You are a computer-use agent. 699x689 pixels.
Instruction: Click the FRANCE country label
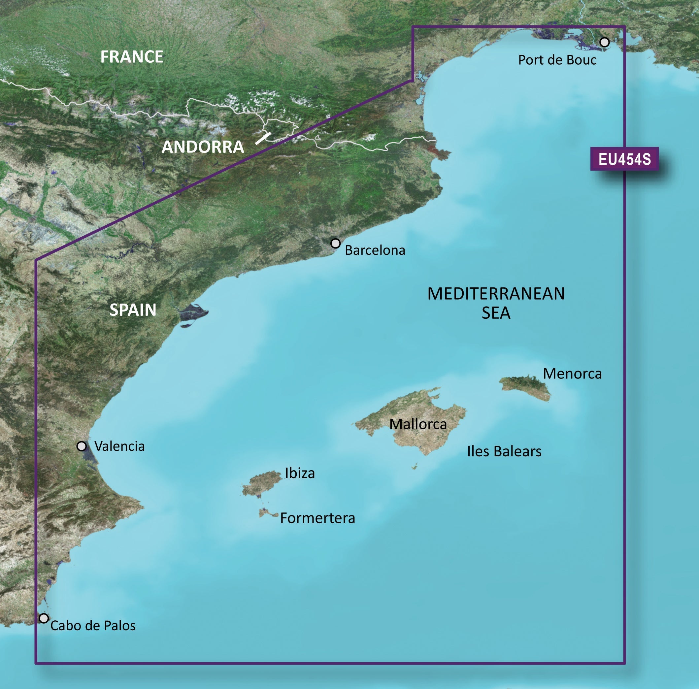[131, 57]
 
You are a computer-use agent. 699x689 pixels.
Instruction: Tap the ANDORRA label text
[203, 147]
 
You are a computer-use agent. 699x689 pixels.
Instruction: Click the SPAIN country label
[133, 310]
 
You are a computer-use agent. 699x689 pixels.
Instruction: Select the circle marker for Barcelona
[335, 244]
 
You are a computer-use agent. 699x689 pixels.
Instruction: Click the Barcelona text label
[375, 250]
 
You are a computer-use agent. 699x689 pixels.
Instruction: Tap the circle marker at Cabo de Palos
[44, 618]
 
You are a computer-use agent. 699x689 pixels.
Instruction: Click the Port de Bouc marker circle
[604, 42]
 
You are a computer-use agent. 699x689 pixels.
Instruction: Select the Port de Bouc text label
[557, 60]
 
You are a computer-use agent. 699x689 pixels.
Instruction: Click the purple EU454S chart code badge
[624, 159]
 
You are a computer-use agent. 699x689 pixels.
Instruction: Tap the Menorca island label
[572, 374]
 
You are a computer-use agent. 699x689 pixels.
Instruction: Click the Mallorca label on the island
[418, 424]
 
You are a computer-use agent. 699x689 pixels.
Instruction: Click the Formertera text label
[317, 518]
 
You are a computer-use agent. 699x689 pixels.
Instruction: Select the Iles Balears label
[504, 451]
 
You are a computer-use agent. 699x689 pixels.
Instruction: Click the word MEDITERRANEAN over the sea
[496, 294]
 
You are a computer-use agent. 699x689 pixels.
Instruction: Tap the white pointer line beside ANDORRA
[263, 138]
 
